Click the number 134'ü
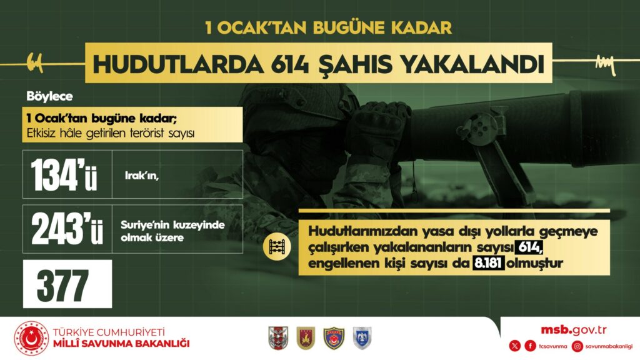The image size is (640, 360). pyautogui.click(x=64, y=175)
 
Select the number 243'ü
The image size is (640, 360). pyautogui.click(x=67, y=229)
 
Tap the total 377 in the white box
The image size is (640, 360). pyautogui.click(x=62, y=285)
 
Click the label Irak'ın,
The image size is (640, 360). pyautogui.click(x=141, y=176)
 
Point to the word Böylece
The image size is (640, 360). pyautogui.click(x=49, y=96)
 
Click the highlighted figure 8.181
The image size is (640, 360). pyautogui.click(x=489, y=263)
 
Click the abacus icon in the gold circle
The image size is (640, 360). pyautogui.click(x=277, y=246)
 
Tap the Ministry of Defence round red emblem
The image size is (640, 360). pyautogui.click(x=31, y=338)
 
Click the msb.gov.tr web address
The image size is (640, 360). pyautogui.click(x=573, y=330)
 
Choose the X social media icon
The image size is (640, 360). pyautogui.click(x=515, y=346)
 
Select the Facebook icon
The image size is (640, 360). pyautogui.click(x=530, y=346)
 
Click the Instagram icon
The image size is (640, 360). pyautogui.click(x=577, y=346)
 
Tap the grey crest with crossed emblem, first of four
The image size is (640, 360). pyautogui.click(x=278, y=338)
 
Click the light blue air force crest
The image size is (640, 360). pyautogui.click(x=362, y=338)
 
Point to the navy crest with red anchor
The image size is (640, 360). pyautogui.click(x=334, y=338)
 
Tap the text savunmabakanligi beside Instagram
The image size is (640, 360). pyautogui.click(x=609, y=346)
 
